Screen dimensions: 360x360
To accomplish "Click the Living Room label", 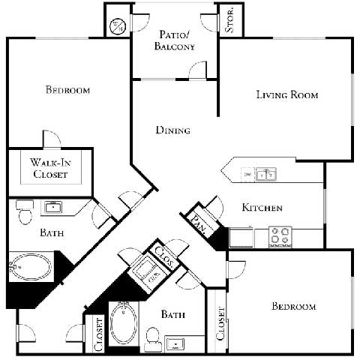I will click(287, 95).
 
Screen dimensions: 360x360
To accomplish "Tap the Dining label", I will click(172, 130).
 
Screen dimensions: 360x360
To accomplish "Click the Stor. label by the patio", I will click(229, 20).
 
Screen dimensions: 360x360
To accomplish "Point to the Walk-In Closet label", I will click(50, 168).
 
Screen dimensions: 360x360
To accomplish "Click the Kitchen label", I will click(262, 207).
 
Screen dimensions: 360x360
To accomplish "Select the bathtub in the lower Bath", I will click(123, 322).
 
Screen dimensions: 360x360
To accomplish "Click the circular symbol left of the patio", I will click(117, 27).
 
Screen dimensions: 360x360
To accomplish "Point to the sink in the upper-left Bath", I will click(52, 207).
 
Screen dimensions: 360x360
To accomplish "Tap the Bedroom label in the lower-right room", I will click(293, 307).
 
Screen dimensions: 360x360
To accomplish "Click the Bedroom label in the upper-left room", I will click(68, 91).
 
